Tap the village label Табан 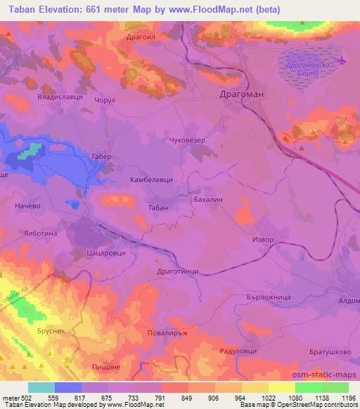158,209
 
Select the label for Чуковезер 188,141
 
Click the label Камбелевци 151,181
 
